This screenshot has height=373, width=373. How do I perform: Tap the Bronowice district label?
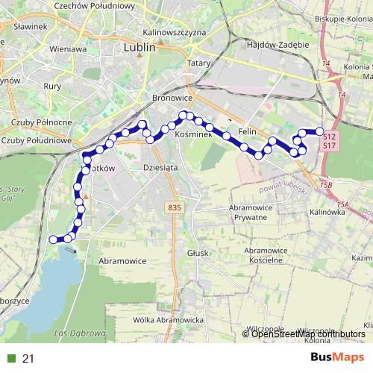tap(172, 98)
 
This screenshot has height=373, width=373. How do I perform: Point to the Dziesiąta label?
tap(160, 169)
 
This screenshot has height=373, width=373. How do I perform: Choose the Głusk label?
tap(198, 253)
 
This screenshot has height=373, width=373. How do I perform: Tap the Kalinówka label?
tap(325, 212)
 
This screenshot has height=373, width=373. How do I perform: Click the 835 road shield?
tap(175, 207)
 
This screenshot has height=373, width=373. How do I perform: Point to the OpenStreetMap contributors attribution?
tap(304, 333)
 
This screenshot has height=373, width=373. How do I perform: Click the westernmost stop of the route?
tap(53, 239)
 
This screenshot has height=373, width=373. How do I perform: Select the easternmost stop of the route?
tap(320, 132)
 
